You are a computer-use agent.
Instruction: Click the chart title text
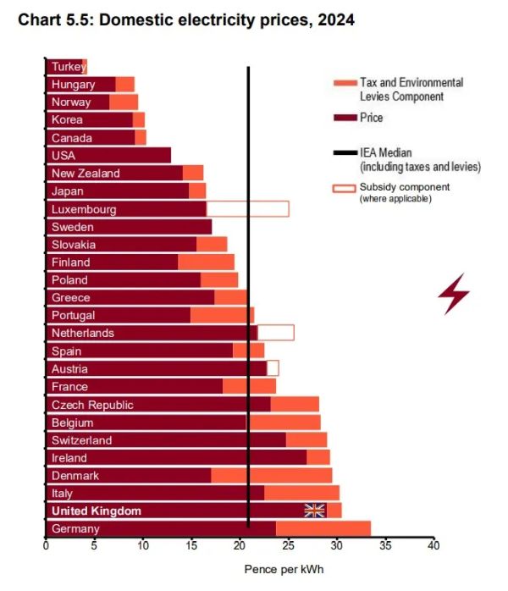pos(185,19)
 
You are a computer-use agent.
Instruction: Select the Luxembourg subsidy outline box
pos(247,209)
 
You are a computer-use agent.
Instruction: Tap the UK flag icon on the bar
pos(315,510)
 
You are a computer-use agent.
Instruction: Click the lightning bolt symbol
pos(453,295)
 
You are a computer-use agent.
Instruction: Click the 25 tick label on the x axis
pos(288,546)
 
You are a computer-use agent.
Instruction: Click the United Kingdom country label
pos(97,511)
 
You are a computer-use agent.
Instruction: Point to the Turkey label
pos(68,66)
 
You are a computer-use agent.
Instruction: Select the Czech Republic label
pos(92,405)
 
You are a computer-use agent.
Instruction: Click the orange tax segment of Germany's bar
pos(323,528)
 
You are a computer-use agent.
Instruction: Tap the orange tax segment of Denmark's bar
pos(271,475)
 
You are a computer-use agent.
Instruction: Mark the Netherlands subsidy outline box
pos(276,333)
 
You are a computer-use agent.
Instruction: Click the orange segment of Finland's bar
pos(206,262)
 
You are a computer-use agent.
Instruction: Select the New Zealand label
pos(86,173)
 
